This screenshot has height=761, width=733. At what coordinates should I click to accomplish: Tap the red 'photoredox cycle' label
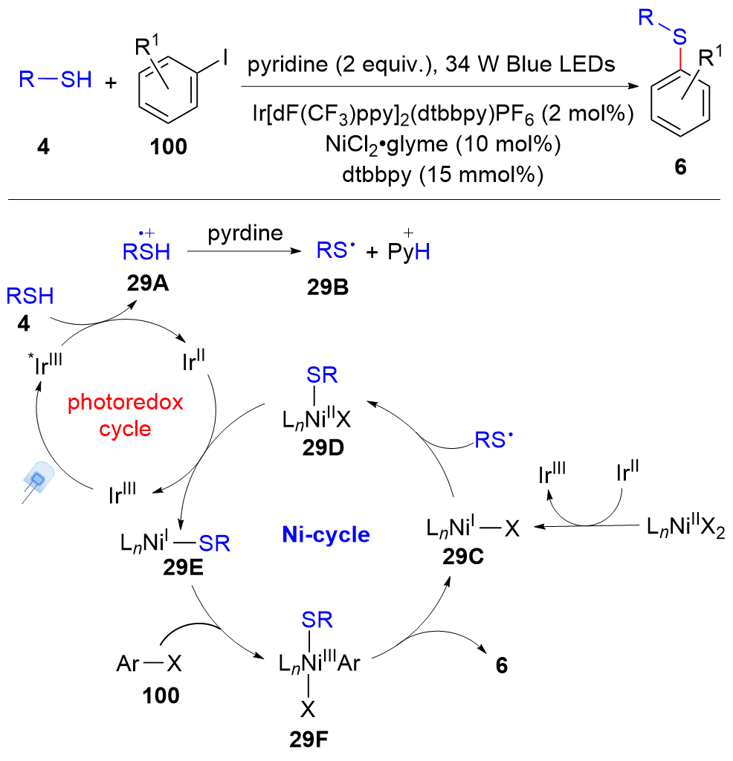126,416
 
